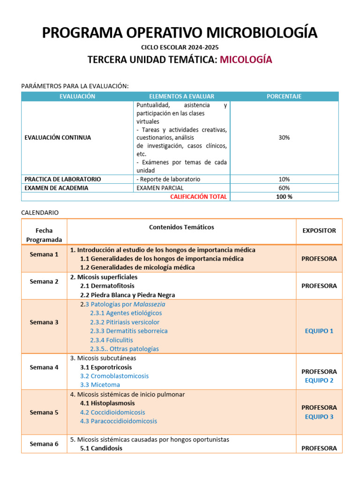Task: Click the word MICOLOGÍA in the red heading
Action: [x=246, y=60]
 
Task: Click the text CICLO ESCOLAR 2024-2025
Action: [x=180, y=47]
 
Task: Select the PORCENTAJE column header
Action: [x=284, y=97]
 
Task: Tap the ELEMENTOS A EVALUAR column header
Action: [x=181, y=97]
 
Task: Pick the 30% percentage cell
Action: [x=284, y=138]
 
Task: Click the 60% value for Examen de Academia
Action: [x=284, y=188]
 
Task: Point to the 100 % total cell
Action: [x=284, y=197]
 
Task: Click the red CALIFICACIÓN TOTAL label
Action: [x=198, y=197]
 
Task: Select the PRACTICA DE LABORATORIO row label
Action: [x=62, y=179]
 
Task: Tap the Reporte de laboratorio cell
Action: [x=168, y=179]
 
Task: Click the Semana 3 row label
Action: [x=44, y=322]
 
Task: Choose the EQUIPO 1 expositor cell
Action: [x=319, y=331]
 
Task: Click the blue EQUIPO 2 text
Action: [x=319, y=381]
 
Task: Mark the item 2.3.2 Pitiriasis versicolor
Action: [x=125, y=322]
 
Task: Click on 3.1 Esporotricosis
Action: [x=106, y=367]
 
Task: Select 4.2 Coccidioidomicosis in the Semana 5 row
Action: [x=112, y=412]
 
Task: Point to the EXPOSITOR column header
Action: [x=319, y=231]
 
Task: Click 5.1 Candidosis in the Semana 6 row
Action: [x=101, y=448]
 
